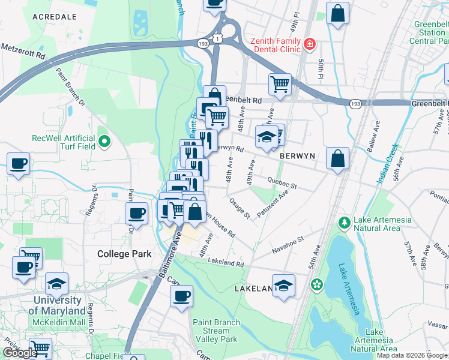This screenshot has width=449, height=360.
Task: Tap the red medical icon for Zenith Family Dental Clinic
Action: (x=310, y=43)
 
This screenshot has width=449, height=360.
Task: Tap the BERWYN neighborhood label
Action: (x=297, y=155)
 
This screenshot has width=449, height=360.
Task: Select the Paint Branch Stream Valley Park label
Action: (x=216, y=331)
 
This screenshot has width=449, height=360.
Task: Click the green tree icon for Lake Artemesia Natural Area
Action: (x=345, y=224)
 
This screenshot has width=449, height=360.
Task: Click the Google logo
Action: (x=20, y=353)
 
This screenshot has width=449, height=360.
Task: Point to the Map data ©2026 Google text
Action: (x=411, y=355)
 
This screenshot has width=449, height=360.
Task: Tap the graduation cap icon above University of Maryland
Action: (x=57, y=283)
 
